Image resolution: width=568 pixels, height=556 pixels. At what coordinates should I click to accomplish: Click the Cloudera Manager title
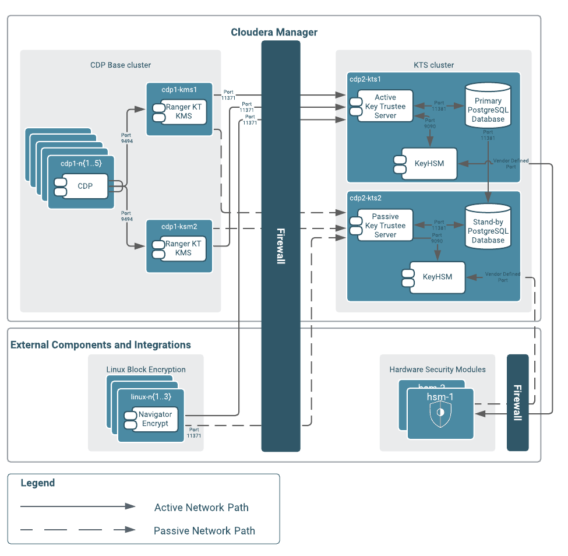pos(274,32)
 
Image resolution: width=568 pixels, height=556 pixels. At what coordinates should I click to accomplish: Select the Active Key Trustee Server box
pos(385,106)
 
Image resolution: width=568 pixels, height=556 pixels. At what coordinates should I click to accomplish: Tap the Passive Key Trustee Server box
pos(385,226)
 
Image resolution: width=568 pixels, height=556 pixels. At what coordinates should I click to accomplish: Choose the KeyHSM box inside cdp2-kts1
pos(429,163)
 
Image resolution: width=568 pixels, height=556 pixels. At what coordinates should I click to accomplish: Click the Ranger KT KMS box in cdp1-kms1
pos(183,111)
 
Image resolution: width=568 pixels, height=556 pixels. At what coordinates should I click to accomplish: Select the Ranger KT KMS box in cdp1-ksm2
pos(183,248)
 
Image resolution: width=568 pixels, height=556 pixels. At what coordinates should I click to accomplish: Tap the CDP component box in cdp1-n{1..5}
pos(85,186)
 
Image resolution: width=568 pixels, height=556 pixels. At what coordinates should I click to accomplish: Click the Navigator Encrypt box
pos(155,419)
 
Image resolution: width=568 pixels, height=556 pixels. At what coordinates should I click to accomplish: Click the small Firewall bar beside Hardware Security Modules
pos(517,402)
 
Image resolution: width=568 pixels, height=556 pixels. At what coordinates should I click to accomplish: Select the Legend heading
pos(38,483)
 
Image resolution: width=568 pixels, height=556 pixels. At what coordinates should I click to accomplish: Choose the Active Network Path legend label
pos(201,508)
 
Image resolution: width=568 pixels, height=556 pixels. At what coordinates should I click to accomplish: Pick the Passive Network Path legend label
pos(204,531)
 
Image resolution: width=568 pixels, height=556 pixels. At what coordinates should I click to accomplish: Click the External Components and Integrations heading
pos(101,345)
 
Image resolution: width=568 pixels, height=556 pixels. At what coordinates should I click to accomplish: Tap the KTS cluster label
pos(433,65)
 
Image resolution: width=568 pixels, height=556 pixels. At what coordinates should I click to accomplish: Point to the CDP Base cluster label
pos(121,65)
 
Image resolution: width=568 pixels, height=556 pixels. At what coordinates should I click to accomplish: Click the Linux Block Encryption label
pos(146,370)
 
